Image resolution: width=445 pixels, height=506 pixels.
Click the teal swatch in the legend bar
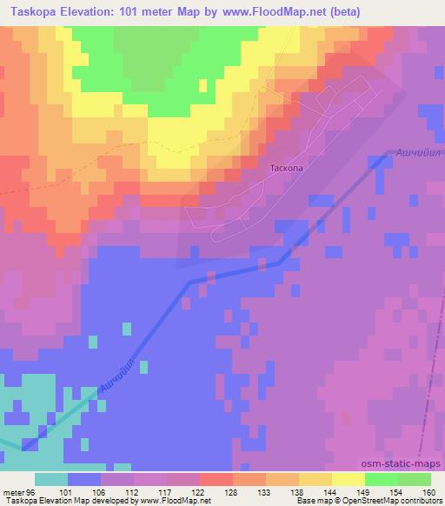click(x=51, y=478)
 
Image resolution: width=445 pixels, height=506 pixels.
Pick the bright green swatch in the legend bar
click(x=382, y=478)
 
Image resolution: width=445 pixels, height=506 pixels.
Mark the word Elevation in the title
click(x=86, y=11)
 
